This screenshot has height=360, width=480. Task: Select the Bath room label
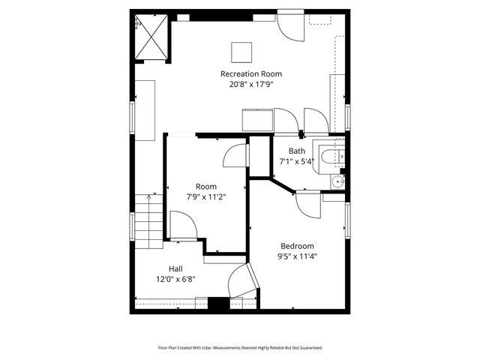click(296, 151)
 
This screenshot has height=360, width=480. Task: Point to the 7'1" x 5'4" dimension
click(296, 161)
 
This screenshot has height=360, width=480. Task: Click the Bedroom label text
click(297, 246)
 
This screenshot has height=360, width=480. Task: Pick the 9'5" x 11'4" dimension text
click(297, 256)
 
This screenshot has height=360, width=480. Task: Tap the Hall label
click(175, 268)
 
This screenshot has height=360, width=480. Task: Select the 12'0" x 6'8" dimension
click(175, 279)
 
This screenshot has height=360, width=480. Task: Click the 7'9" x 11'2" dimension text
click(205, 197)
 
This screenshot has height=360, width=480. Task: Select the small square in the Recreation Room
click(241, 51)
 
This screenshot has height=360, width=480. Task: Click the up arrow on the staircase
click(153, 198)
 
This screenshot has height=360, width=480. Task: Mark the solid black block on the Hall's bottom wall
click(217, 303)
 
